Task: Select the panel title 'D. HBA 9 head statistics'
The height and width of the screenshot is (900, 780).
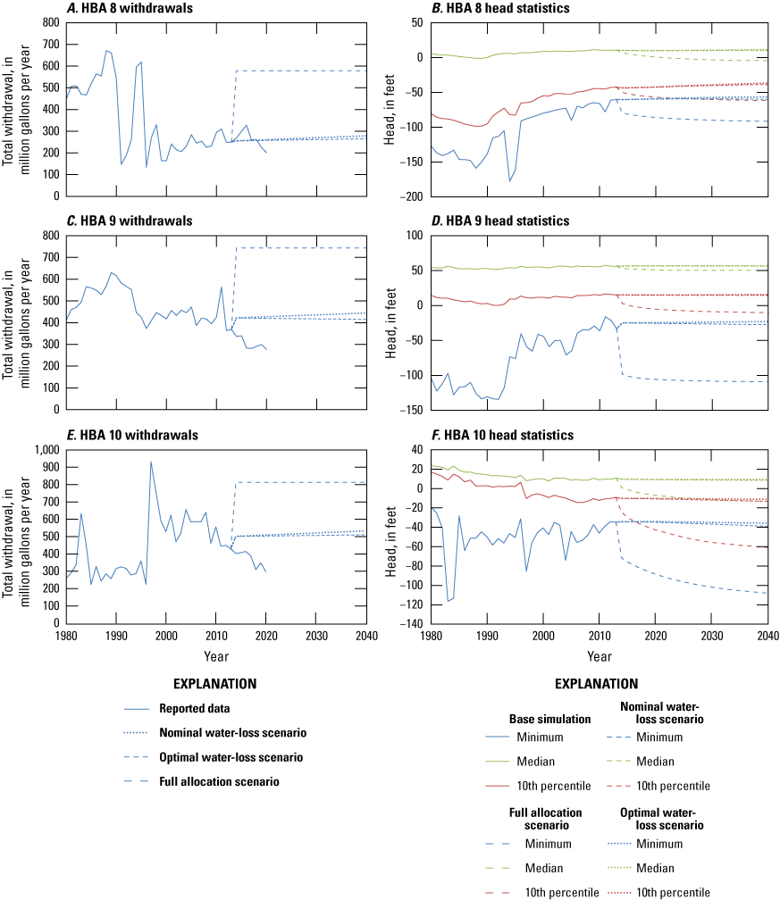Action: point(503,221)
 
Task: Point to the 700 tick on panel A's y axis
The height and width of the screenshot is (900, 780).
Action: point(49,44)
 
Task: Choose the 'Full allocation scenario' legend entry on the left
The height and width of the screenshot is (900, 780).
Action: point(220,781)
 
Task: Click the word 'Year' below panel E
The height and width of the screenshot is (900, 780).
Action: point(214,656)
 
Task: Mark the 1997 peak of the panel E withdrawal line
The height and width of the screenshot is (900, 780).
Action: point(150,462)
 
